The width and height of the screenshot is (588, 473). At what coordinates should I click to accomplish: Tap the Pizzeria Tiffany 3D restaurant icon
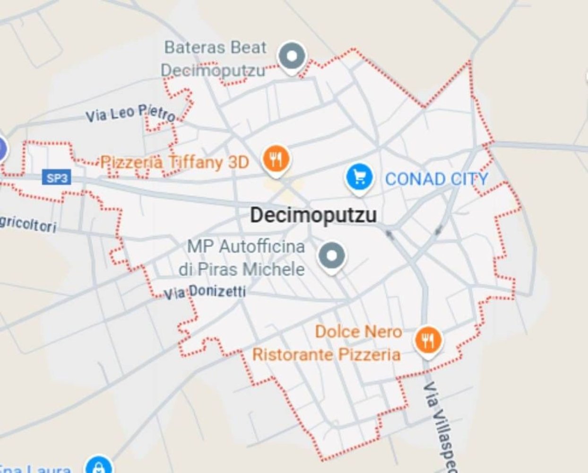pyautogui.click(x=277, y=158)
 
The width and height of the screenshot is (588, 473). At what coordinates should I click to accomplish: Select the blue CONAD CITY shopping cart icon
pyautogui.click(x=360, y=177)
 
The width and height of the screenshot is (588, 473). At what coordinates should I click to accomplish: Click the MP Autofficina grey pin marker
pyautogui.click(x=332, y=255)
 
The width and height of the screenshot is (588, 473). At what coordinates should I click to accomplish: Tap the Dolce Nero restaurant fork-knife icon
pyautogui.click(x=428, y=340)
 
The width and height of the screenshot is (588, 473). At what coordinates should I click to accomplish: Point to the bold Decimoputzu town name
pyautogui.click(x=313, y=215)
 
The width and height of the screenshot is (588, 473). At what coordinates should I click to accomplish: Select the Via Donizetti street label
pyautogui.click(x=205, y=292)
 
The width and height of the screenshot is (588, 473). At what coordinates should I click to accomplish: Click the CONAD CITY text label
pyautogui.click(x=437, y=179)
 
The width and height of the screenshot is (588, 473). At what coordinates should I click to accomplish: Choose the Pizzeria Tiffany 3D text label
pyautogui.click(x=175, y=162)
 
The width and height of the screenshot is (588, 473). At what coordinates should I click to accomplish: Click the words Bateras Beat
pyautogui.click(x=216, y=47)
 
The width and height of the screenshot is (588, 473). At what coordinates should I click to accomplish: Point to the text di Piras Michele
pyautogui.click(x=242, y=269)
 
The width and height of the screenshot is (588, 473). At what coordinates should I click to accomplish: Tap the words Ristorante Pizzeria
pyautogui.click(x=326, y=354)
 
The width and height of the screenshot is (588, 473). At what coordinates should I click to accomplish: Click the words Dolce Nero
pyautogui.click(x=358, y=332)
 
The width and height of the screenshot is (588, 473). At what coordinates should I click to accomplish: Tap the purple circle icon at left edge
pyautogui.click(x=2, y=149)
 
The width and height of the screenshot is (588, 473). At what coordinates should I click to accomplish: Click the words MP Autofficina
pyautogui.click(x=246, y=246)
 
